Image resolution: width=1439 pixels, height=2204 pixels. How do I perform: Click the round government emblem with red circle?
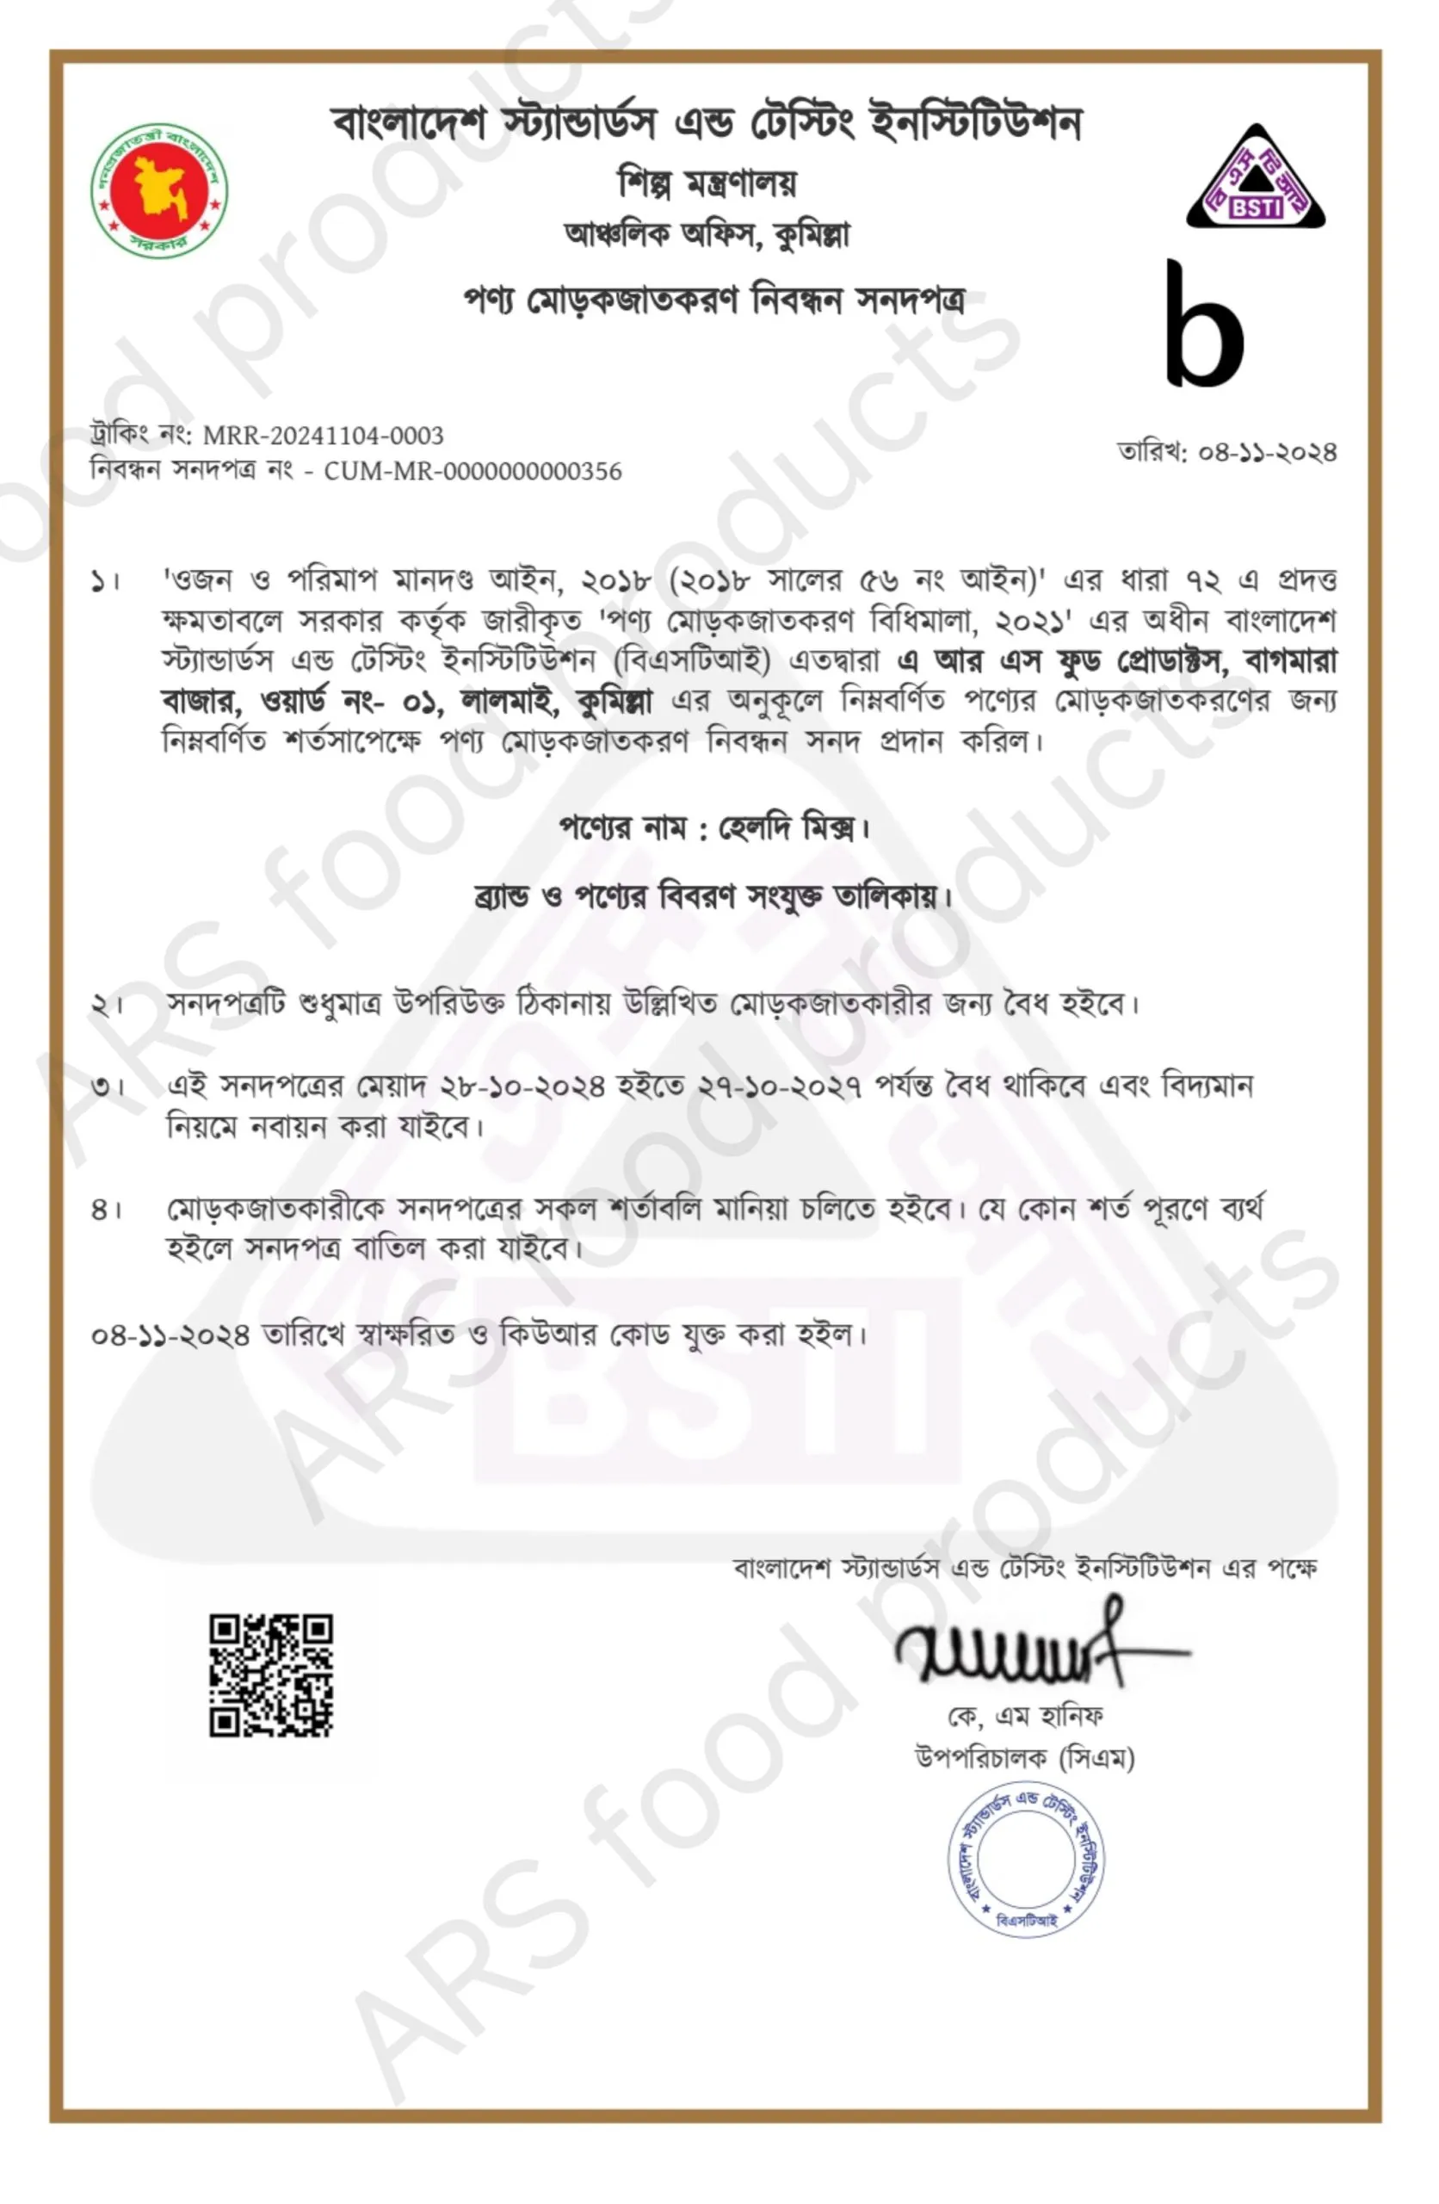158,190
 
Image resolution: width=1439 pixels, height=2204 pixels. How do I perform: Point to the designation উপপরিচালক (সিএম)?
1025,1758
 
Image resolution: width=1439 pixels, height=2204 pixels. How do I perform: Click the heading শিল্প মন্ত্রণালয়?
707,183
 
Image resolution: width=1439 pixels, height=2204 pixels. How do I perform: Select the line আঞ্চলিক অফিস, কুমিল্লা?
707,235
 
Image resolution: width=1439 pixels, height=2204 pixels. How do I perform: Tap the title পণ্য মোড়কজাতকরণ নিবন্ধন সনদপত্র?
713,301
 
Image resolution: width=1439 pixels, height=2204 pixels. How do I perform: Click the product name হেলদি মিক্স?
788,826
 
